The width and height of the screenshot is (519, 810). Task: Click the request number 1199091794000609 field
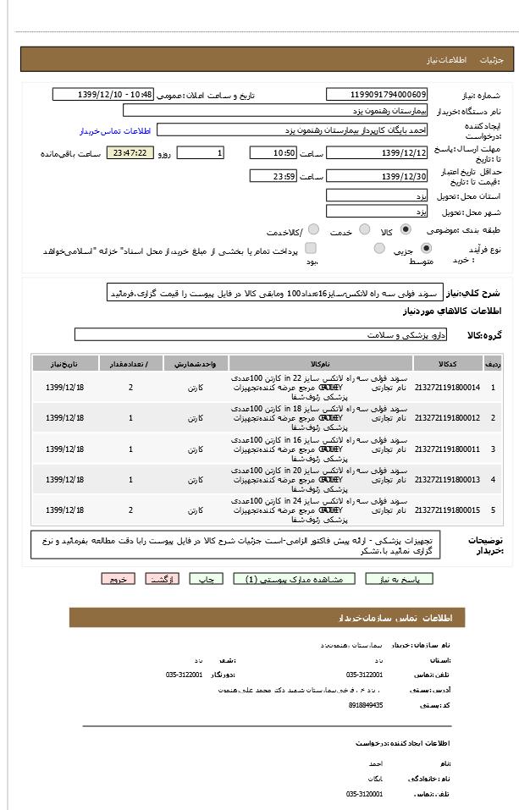tap(377, 95)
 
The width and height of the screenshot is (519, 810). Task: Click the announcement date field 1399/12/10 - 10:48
tap(102, 95)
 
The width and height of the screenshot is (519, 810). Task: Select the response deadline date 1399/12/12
tap(377, 153)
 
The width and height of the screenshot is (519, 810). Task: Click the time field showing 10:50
tap(273, 153)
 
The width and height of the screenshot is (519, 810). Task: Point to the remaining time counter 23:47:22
tap(130, 153)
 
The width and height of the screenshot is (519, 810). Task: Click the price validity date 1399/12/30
tap(377, 176)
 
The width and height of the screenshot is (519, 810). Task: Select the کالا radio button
tap(406, 229)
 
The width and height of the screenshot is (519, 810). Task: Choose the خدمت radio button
tap(365, 229)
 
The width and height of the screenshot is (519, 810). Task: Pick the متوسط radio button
tap(380, 248)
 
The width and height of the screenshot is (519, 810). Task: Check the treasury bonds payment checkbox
tap(311, 248)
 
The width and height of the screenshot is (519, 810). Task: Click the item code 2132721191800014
tap(448, 388)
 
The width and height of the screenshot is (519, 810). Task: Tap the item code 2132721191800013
tap(448, 480)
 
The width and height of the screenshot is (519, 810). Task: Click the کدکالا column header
tap(448, 363)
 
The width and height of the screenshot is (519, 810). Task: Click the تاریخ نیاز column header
tap(64, 363)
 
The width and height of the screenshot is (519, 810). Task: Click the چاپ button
tap(206, 579)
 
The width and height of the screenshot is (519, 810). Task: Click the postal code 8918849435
tap(366, 704)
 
